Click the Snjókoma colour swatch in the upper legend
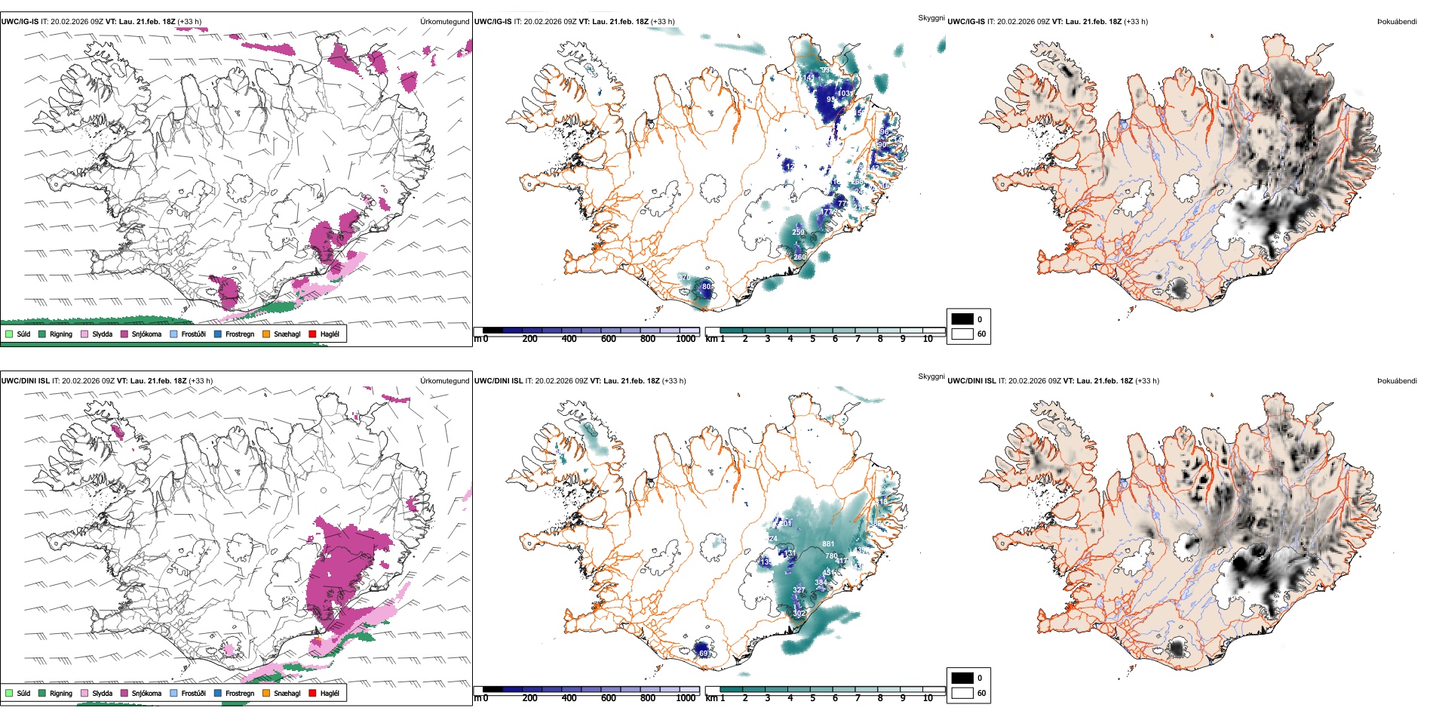(124, 334)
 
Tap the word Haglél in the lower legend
(330, 693)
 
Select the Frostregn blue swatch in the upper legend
(218, 334)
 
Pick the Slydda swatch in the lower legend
(84, 693)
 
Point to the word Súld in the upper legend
(23, 334)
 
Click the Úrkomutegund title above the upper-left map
(444, 22)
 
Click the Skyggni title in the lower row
(931, 376)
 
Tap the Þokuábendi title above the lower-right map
(1397, 381)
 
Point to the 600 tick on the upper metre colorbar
(609, 339)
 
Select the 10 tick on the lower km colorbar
(928, 698)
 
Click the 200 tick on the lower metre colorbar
(530, 698)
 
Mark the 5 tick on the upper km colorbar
(813, 339)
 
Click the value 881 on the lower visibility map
(828, 543)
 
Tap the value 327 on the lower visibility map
(799, 590)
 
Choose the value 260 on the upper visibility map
(799, 257)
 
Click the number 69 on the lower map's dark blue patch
(703, 653)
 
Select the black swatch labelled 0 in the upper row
(962, 319)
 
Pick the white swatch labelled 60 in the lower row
(962, 693)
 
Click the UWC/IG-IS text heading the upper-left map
(20, 22)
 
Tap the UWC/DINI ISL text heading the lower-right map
(971, 381)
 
